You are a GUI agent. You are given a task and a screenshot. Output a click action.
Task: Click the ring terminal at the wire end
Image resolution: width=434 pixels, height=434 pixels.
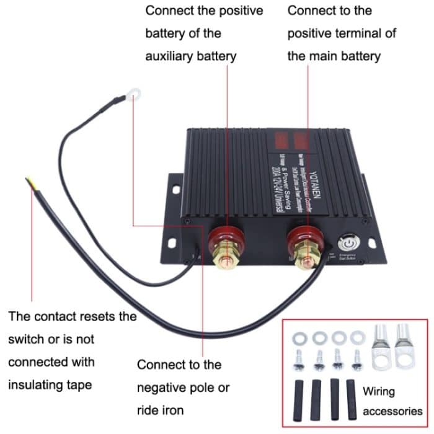132,94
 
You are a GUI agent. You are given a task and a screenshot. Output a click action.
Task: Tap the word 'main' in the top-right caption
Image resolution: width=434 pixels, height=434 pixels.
325,56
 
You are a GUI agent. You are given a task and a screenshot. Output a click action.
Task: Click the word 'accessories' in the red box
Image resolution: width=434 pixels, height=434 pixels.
392,411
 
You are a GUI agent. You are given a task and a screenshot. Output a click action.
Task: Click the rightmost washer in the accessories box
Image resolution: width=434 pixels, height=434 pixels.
357,337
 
